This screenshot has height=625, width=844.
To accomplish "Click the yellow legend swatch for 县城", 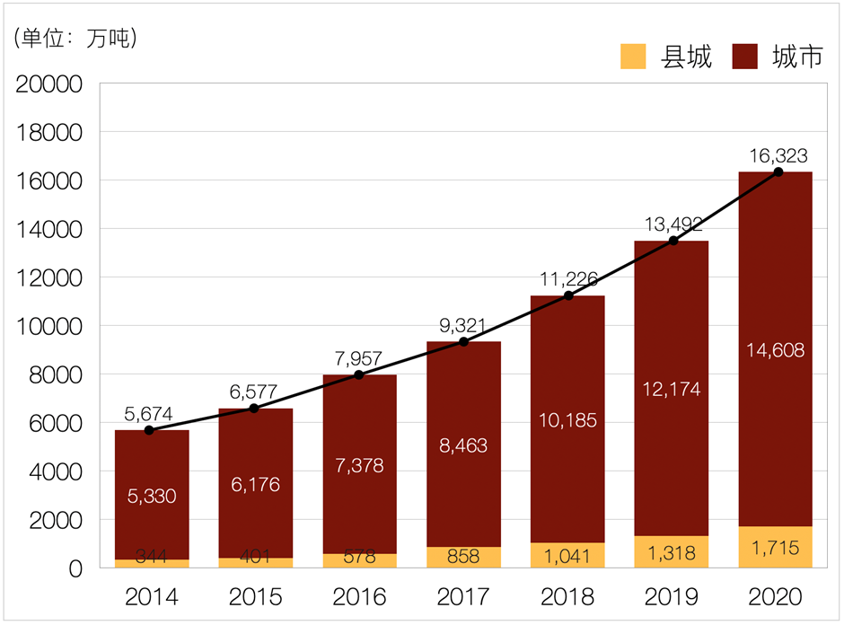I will click(634, 57).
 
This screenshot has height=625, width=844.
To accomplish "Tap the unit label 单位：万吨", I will click(75, 39).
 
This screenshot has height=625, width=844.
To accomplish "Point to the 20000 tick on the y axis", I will click(50, 84).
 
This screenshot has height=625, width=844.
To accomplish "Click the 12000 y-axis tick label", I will click(50, 278).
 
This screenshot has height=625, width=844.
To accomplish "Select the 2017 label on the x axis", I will click(463, 596).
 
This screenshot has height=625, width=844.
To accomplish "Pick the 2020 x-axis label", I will click(776, 596).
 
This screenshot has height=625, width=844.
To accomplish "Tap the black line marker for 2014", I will click(149, 430).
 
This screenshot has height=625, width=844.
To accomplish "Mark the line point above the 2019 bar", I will click(673, 241).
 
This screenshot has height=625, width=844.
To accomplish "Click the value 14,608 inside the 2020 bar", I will click(776, 350).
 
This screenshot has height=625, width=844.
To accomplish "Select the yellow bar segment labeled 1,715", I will click(776, 547).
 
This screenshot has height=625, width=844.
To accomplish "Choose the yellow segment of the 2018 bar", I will click(567, 555).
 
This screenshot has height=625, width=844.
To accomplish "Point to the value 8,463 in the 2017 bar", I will click(463, 445).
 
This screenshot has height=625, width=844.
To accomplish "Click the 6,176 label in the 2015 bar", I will click(255, 484).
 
